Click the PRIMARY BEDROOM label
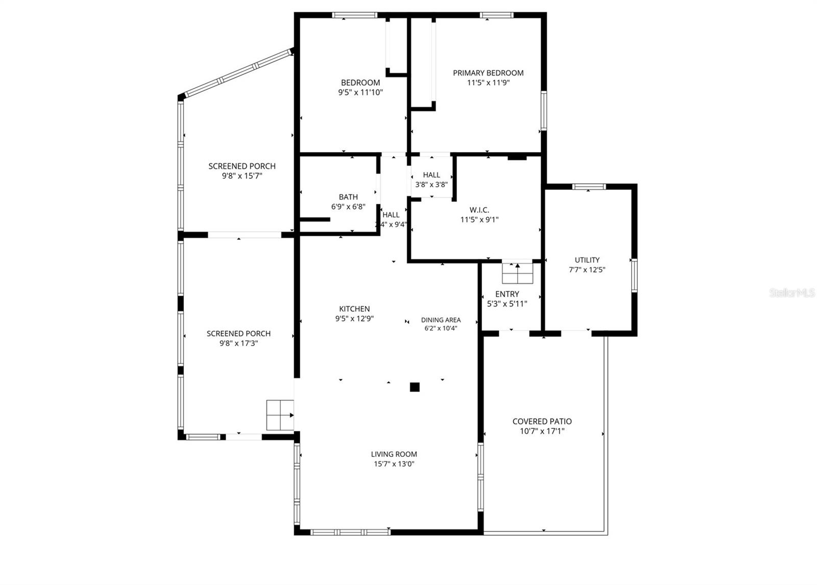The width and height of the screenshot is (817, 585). coord(488,73)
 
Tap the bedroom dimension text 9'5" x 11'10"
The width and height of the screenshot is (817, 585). coord(360,92)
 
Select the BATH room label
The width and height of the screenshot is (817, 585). coord(348,197)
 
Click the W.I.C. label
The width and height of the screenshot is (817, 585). coord(479,210)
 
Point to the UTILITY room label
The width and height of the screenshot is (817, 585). coord(587,260)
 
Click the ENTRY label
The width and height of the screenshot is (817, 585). coord(507,294)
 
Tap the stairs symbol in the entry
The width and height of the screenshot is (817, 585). coord(517,273)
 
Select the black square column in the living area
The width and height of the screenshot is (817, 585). coord(415,387)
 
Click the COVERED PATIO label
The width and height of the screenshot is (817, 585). coord(542,421)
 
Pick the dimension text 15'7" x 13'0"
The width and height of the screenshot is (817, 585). coord(394,464)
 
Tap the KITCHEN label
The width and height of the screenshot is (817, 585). coord(354,309)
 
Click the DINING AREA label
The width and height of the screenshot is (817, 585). coord(441,320)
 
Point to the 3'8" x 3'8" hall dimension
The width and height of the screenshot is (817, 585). coord(431,185)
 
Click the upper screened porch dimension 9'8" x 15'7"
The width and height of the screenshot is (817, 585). coord(242,176)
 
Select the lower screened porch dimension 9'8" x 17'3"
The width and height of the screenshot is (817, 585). coord(238,344)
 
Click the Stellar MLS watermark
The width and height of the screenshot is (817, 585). coord(792,293)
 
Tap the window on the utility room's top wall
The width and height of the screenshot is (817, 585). coord(589,186)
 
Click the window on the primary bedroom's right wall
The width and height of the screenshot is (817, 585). coord(544,110)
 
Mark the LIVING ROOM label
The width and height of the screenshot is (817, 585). coord(394,454)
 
